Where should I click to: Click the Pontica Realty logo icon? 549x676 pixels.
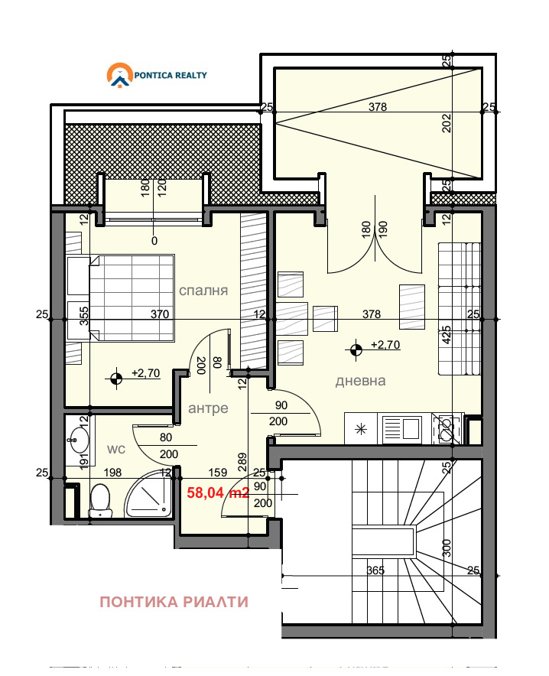coord(119,76)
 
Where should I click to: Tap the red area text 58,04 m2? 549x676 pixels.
coord(218,493)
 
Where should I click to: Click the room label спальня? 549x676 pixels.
coord(203,291)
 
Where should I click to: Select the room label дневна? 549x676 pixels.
coord(360,381)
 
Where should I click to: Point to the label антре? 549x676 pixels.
coord(208,408)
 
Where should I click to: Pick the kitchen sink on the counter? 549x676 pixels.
coord(401,430)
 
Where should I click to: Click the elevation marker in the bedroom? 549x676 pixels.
coord(116,376)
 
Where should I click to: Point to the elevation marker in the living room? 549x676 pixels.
coord(356,349)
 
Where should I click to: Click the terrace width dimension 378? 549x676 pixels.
coord(378,107)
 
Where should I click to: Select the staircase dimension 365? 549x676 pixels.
coord(375,570)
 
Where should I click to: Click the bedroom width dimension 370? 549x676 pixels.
coord(159,314)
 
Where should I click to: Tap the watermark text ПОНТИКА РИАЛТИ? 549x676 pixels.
coord(174,602)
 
